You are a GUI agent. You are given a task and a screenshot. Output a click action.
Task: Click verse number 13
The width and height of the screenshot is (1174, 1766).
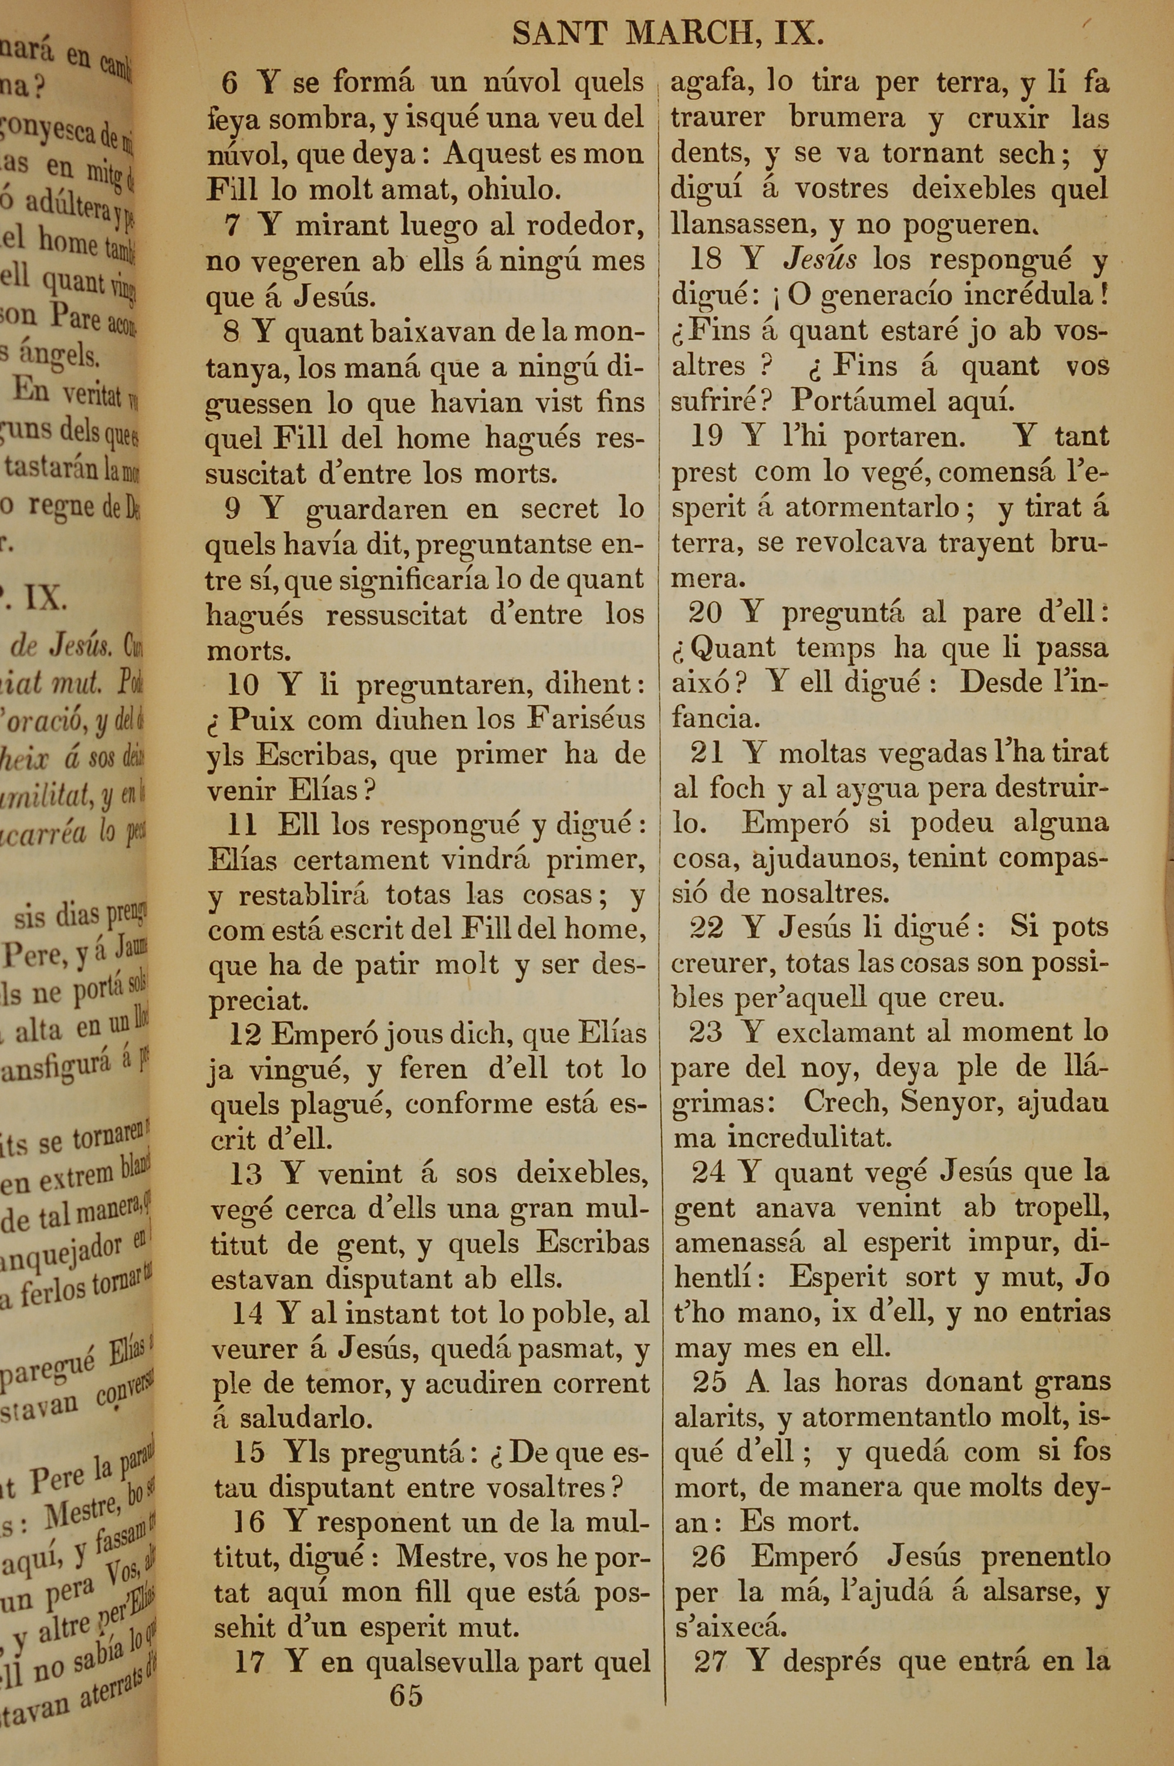[x=245, y=1173]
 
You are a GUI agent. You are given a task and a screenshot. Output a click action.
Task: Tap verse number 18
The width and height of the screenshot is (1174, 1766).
[x=704, y=259]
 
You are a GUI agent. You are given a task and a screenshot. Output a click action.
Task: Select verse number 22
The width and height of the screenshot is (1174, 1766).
[x=707, y=928]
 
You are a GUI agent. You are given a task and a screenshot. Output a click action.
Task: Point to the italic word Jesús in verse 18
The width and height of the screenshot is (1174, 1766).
[x=820, y=259]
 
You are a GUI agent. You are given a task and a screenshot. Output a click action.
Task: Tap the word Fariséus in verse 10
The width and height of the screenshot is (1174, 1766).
[x=586, y=719]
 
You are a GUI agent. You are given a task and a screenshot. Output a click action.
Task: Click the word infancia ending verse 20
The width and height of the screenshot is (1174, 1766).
[x=715, y=719]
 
